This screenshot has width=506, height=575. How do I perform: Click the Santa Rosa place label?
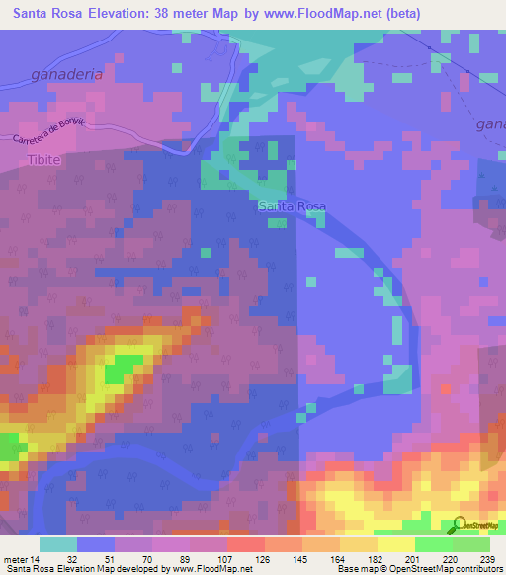(291, 206)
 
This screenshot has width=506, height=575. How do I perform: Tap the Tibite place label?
(44, 159)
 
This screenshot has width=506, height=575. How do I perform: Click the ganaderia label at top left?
(67, 74)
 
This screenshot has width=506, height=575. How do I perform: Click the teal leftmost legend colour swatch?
(58, 544)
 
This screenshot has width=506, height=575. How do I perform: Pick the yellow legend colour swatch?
(394, 544)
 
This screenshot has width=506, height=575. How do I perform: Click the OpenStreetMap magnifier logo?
(460, 525)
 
